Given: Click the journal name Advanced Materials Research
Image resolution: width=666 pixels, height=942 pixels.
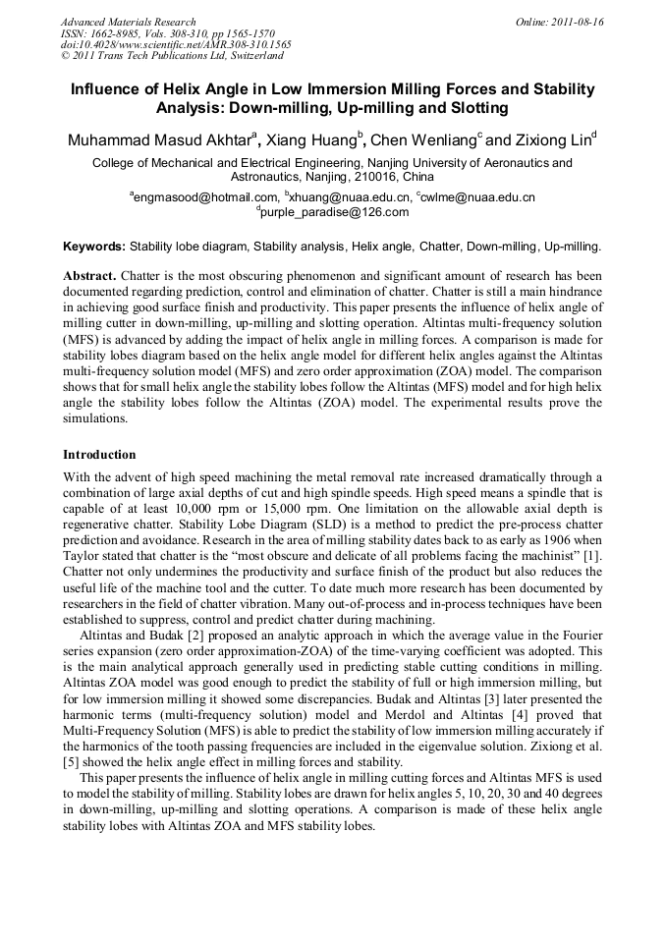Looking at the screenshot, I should [x=129, y=22].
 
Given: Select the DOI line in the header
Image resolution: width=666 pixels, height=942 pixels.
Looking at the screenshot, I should [x=176, y=44].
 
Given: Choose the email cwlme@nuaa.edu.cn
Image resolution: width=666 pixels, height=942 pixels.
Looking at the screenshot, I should [x=478, y=196].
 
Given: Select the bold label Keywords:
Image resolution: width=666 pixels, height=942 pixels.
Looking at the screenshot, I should [x=94, y=247].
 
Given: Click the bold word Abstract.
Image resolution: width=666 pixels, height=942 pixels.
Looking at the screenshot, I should [x=90, y=277].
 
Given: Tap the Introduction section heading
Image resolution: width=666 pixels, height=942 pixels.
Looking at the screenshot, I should [x=99, y=455].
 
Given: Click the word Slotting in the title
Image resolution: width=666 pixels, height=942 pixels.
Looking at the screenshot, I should [x=478, y=107].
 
